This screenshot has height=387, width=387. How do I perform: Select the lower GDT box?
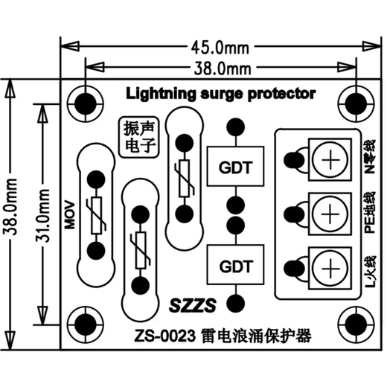[x=235, y=265]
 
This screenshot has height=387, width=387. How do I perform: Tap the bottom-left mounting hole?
[x=86, y=324]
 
